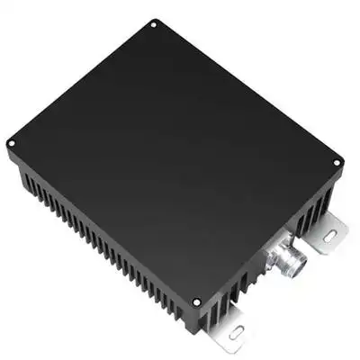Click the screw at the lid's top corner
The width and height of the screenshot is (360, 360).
coord(154,24)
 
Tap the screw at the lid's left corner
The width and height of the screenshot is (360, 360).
coord(11,142)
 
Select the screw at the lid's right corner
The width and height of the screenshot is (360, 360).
coord(337,163)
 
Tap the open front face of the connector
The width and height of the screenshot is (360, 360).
coord(296,264)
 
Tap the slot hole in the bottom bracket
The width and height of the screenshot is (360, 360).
coord(236,332)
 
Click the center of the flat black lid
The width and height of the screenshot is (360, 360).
coord(171,153)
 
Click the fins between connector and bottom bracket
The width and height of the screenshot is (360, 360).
coord(247,288)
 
